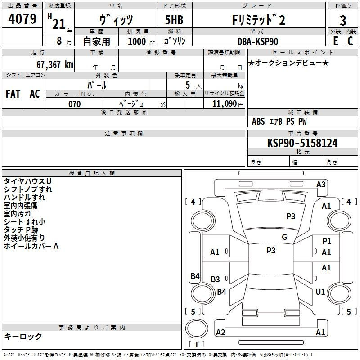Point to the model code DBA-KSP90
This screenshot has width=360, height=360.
tap(258, 41)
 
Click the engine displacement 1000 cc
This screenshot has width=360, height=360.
tap(137, 41)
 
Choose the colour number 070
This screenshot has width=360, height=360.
tap(74, 104)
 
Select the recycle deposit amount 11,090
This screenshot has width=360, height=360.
tap(224, 104)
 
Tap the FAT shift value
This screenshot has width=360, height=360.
tap(13, 94)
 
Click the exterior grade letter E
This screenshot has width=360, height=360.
tap(335, 41)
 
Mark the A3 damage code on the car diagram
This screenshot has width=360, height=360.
tap(321, 184)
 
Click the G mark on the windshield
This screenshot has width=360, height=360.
tap(284, 237)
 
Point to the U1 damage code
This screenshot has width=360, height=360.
tap(320, 292)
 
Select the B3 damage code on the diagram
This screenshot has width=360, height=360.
tap(216, 279)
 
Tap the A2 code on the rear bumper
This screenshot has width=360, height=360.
tap(220, 333)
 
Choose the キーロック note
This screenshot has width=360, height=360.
tap(23, 336)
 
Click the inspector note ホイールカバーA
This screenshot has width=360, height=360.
tap(31, 246)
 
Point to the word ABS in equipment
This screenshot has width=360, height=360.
tap(258, 121)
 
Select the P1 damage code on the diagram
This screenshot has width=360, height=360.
tap(327, 241)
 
